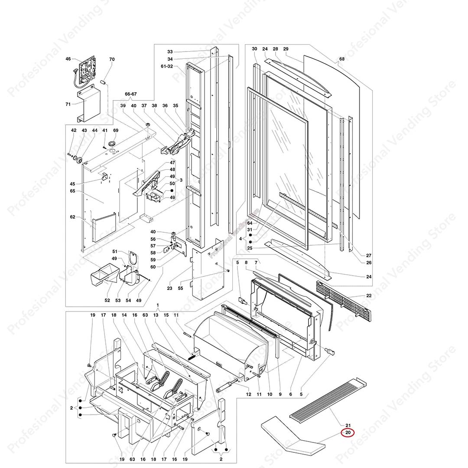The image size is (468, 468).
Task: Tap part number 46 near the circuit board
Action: pos(68,58)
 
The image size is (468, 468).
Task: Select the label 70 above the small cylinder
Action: pos(112,59)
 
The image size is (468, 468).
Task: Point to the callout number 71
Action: pos(68,104)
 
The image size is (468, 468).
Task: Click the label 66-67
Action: pos(130,94)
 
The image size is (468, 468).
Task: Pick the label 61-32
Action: pos(166,66)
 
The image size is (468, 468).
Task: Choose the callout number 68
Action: pos(342,59)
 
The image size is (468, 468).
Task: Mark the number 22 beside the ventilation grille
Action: pos(369,296)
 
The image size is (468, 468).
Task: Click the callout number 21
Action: pos(348,424)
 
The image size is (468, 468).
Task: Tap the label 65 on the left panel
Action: pos(72,191)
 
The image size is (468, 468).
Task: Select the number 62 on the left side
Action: pos(72,217)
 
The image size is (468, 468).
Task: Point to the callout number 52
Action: pos(107,300)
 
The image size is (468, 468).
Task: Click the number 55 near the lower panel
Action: pos(180,288)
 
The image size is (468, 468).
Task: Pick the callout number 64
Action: pos(250,223)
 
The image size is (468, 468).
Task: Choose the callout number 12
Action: pos(249,394)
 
